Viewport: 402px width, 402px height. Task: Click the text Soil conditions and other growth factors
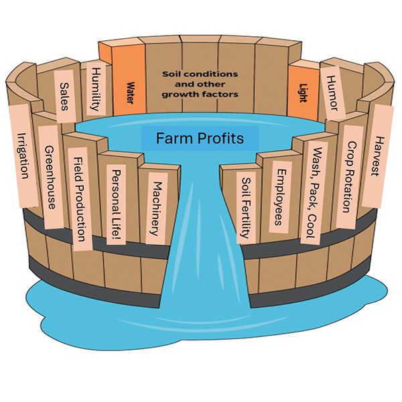(x=200, y=83)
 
